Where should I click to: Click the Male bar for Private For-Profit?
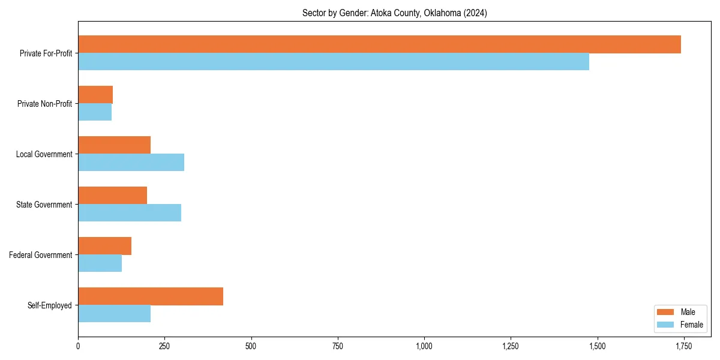pyautogui.click(x=379, y=44)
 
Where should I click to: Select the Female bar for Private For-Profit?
pyautogui.click(x=334, y=62)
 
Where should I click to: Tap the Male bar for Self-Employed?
pyautogui.click(x=151, y=296)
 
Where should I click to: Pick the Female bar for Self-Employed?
pyautogui.click(x=114, y=314)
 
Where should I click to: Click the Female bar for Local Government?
pyautogui.click(x=131, y=163)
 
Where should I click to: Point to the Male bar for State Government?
pyautogui.click(x=112, y=196)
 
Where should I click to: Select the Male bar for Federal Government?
pyautogui.click(x=104, y=246)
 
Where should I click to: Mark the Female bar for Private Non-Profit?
pyautogui.click(x=95, y=112)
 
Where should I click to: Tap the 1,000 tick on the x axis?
pyautogui.click(x=424, y=346)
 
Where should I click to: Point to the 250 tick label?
pyautogui.click(x=164, y=346)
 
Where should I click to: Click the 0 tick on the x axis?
pyautogui.click(x=78, y=346)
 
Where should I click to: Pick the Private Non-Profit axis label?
pyautogui.click(x=44, y=104)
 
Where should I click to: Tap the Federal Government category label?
pyautogui.click(x=41, y=255)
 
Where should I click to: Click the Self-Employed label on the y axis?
pyautogui.click(x=50, y=305)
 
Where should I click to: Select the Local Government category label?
pyautogui.click(x=44, y=154)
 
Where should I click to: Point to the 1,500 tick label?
pyautogui.click(x=598, y=346)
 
